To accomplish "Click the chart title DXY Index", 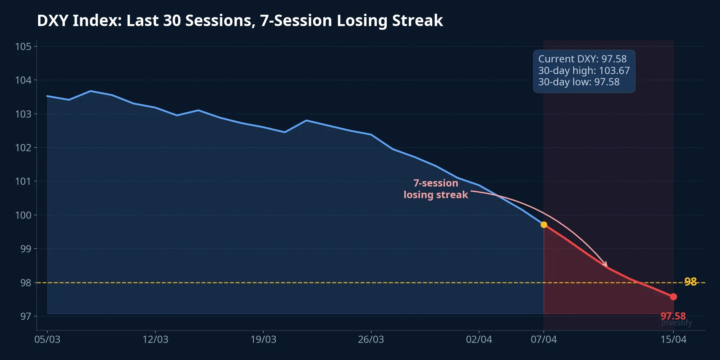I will coord(240,21).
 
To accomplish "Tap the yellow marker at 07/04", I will coord(544,225).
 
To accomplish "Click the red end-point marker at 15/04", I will coord(673,297).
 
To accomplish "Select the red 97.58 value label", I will coord(673,316).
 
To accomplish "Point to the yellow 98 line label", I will coord(690,281).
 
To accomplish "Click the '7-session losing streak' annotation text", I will coord(435,189).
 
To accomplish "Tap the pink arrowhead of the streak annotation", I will coord(606,264).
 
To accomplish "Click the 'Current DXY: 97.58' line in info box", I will coord(582,59).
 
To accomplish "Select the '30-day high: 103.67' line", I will coord(584,71).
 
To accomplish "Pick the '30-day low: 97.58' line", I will coord(579,82).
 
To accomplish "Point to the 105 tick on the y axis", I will coord(23,46).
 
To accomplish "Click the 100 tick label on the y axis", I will coord(23,215).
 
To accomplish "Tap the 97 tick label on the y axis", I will coord(25,316).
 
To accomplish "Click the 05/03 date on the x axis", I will coord(47,339).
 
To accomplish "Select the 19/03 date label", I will coord(263,339).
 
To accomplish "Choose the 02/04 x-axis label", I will coord(479,339).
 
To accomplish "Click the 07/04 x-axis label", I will coord(543,339).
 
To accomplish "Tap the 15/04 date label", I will coord(673,339).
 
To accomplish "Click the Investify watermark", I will coord(676,323).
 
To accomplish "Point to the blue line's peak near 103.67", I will coord(91,91).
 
